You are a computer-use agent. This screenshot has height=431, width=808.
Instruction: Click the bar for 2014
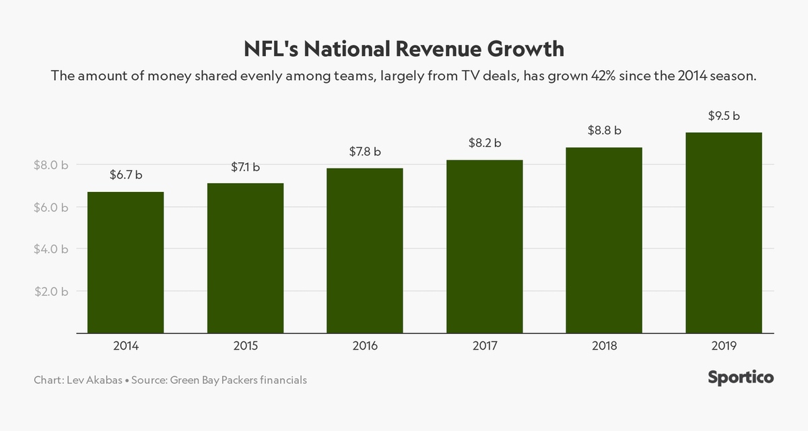point(126,263)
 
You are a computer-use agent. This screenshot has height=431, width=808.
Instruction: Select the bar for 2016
point(365,251)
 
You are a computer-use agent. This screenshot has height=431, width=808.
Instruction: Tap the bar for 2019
point(724,233)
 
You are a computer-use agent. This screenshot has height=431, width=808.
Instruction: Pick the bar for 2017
point(485,246)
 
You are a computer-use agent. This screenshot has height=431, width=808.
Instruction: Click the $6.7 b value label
point(126,175)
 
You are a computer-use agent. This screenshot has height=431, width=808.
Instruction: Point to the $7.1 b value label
point(245,166)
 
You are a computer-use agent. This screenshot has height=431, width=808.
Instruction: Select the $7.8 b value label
point(365,152)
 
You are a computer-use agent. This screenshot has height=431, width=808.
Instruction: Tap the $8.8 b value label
point(604,130)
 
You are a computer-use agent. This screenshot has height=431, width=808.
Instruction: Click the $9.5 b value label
point(724,116)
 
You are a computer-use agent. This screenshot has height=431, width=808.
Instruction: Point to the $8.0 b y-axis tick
point(51,165)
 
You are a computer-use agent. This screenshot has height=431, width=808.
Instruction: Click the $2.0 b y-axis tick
point(51,292)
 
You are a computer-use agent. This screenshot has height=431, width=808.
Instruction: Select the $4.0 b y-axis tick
point(51,249)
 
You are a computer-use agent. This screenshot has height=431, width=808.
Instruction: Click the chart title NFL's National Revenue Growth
point(404,50)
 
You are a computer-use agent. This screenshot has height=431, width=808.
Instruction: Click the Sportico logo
point(741,378)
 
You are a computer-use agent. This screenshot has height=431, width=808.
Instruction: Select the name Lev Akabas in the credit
point(94,380)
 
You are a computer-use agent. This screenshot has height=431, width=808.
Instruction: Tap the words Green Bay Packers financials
point(239,380)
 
